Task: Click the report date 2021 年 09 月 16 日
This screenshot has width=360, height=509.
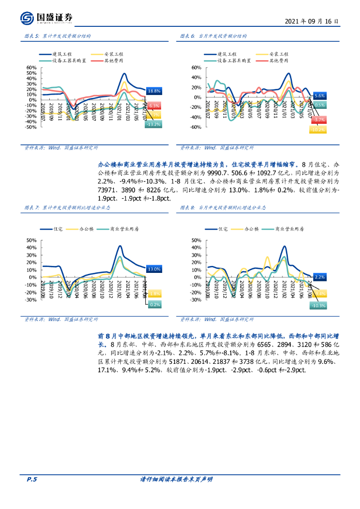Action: [312, 22]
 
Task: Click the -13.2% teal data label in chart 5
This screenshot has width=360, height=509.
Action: [153, 124]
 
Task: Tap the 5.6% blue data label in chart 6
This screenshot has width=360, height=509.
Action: [320, 95]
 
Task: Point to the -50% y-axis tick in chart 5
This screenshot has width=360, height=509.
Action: [31, 127]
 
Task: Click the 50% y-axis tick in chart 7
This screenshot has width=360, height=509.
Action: [31, 240]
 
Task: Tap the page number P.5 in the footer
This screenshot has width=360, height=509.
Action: [31, 479]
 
